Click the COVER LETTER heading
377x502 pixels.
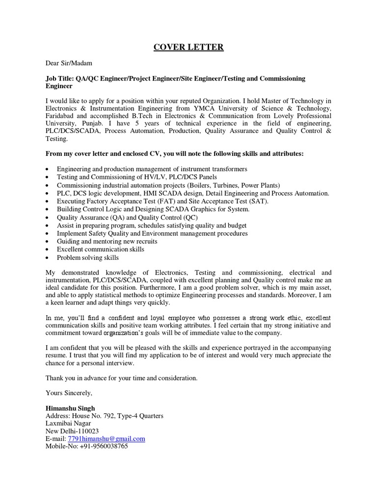pos(188,47)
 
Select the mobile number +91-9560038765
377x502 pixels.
pos(105,447)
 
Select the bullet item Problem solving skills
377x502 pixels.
pos(88,257)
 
